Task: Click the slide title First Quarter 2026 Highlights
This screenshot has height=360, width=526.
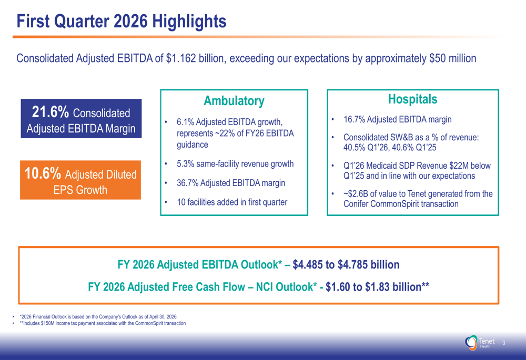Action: click(x=122, y=22)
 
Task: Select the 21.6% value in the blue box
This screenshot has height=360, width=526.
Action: click(x=50, y=112)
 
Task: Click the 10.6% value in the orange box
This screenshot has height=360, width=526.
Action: click(x=44, y=173)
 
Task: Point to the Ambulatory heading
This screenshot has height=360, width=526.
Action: click(x=234, y=101)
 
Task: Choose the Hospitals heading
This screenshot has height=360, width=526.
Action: click(x=412, y=99)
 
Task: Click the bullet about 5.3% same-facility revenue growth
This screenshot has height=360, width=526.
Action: click(x=235, y=164)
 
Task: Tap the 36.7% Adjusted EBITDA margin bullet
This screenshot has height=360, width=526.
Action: click(x=231, y=183)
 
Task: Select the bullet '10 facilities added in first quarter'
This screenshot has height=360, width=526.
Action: click(x=232, y=202)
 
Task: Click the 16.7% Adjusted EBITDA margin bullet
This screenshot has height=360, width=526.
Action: click(x=397, y=119)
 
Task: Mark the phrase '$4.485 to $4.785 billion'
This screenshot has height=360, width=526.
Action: click(x=346, y=264)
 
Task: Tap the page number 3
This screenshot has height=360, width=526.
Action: click(x=503, y=343)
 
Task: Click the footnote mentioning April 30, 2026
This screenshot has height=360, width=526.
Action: click(x=98, y=317)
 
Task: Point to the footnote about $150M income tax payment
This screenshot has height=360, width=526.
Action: click(x=103, y=323)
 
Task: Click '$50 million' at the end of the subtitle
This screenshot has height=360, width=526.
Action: click(x=452, y=58)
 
